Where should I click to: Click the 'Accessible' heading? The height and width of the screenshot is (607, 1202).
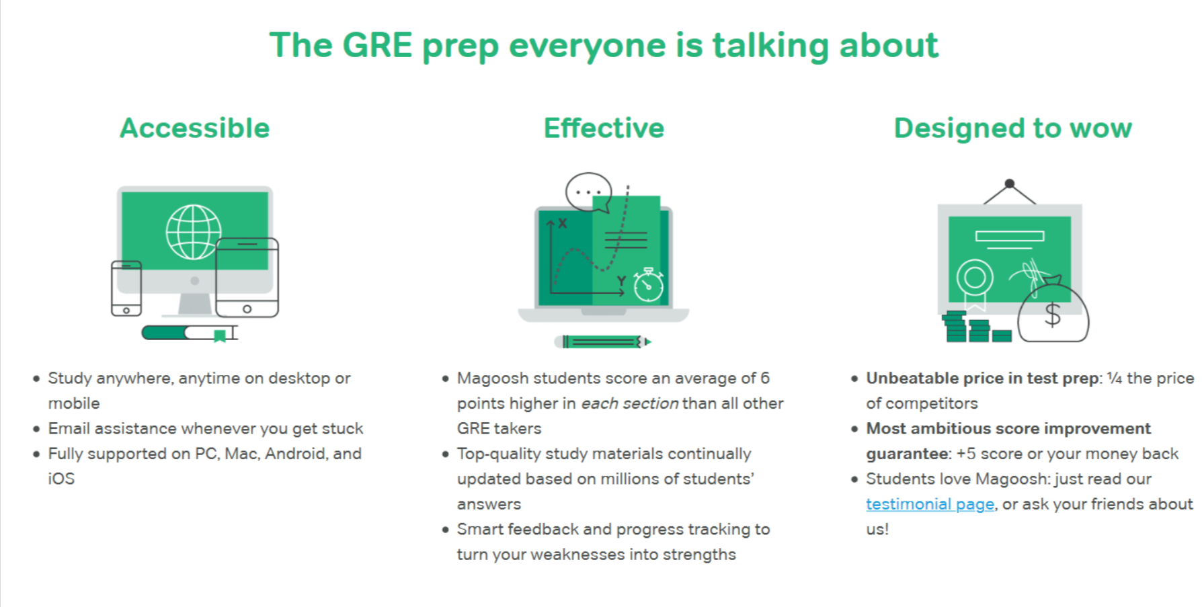(x=195, y=128)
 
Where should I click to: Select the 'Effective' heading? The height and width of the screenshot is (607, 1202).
(x=604, y=128)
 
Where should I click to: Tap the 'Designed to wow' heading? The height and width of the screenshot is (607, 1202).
(x=1012, y=128)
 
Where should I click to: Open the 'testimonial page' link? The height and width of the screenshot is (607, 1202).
(x=930, y=504)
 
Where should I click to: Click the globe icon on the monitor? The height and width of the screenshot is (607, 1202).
(x=194, y=232)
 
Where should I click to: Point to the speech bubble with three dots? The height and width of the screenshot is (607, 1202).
(x=589, y=193)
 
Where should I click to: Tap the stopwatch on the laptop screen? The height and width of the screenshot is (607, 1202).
(x=649, y=284)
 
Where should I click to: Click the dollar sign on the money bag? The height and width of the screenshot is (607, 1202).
(x=1053, y=314)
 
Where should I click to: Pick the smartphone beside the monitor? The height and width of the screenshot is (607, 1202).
(x=126, y=288)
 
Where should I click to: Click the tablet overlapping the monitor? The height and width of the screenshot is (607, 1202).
(x=247, y=277)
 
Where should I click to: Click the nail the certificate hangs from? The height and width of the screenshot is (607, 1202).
(x=1009, y=184)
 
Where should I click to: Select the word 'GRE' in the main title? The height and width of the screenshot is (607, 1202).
(x=377, y=45)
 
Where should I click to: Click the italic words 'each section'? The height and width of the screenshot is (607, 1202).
(x=630, y=403)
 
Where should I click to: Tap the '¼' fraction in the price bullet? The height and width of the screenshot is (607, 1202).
(x=1115, y=378)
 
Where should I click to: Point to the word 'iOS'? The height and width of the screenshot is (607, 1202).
(x=61, y=479)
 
